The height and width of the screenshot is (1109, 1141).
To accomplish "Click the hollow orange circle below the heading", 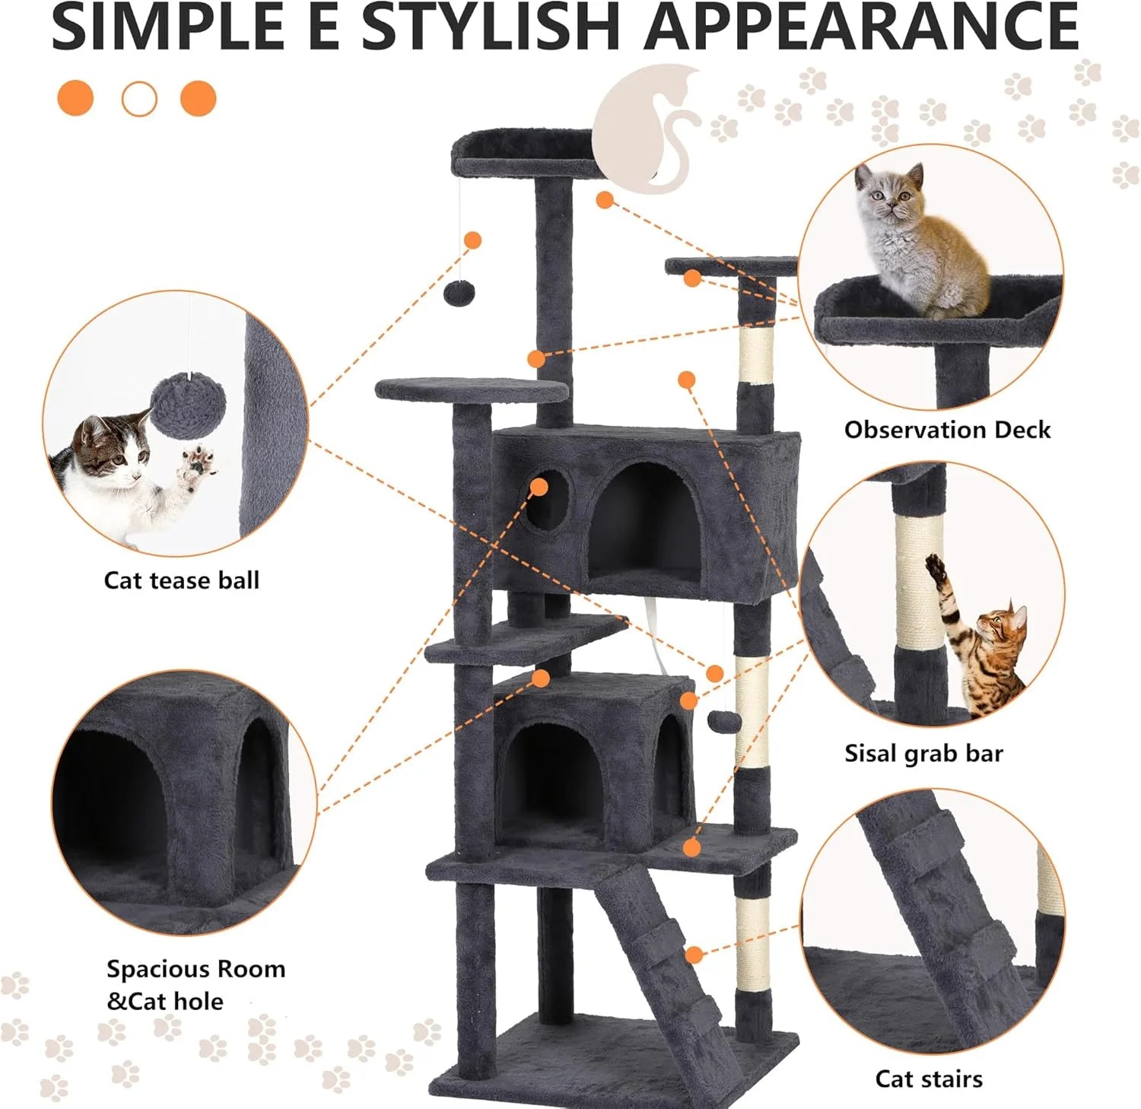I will (139, 99).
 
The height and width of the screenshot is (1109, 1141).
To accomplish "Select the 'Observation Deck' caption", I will (947, 430).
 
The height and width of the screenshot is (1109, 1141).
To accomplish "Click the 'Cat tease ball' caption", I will (182, 580).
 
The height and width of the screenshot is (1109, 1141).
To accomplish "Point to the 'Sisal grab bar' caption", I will (923, 753).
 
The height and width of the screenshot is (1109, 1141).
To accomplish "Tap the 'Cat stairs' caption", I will (929, 1079).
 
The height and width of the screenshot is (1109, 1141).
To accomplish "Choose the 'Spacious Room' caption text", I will (195, 969).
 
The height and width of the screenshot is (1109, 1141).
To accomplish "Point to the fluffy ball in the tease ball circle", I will (188, 402).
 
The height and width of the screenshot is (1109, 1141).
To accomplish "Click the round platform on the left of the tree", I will (472, 391).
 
